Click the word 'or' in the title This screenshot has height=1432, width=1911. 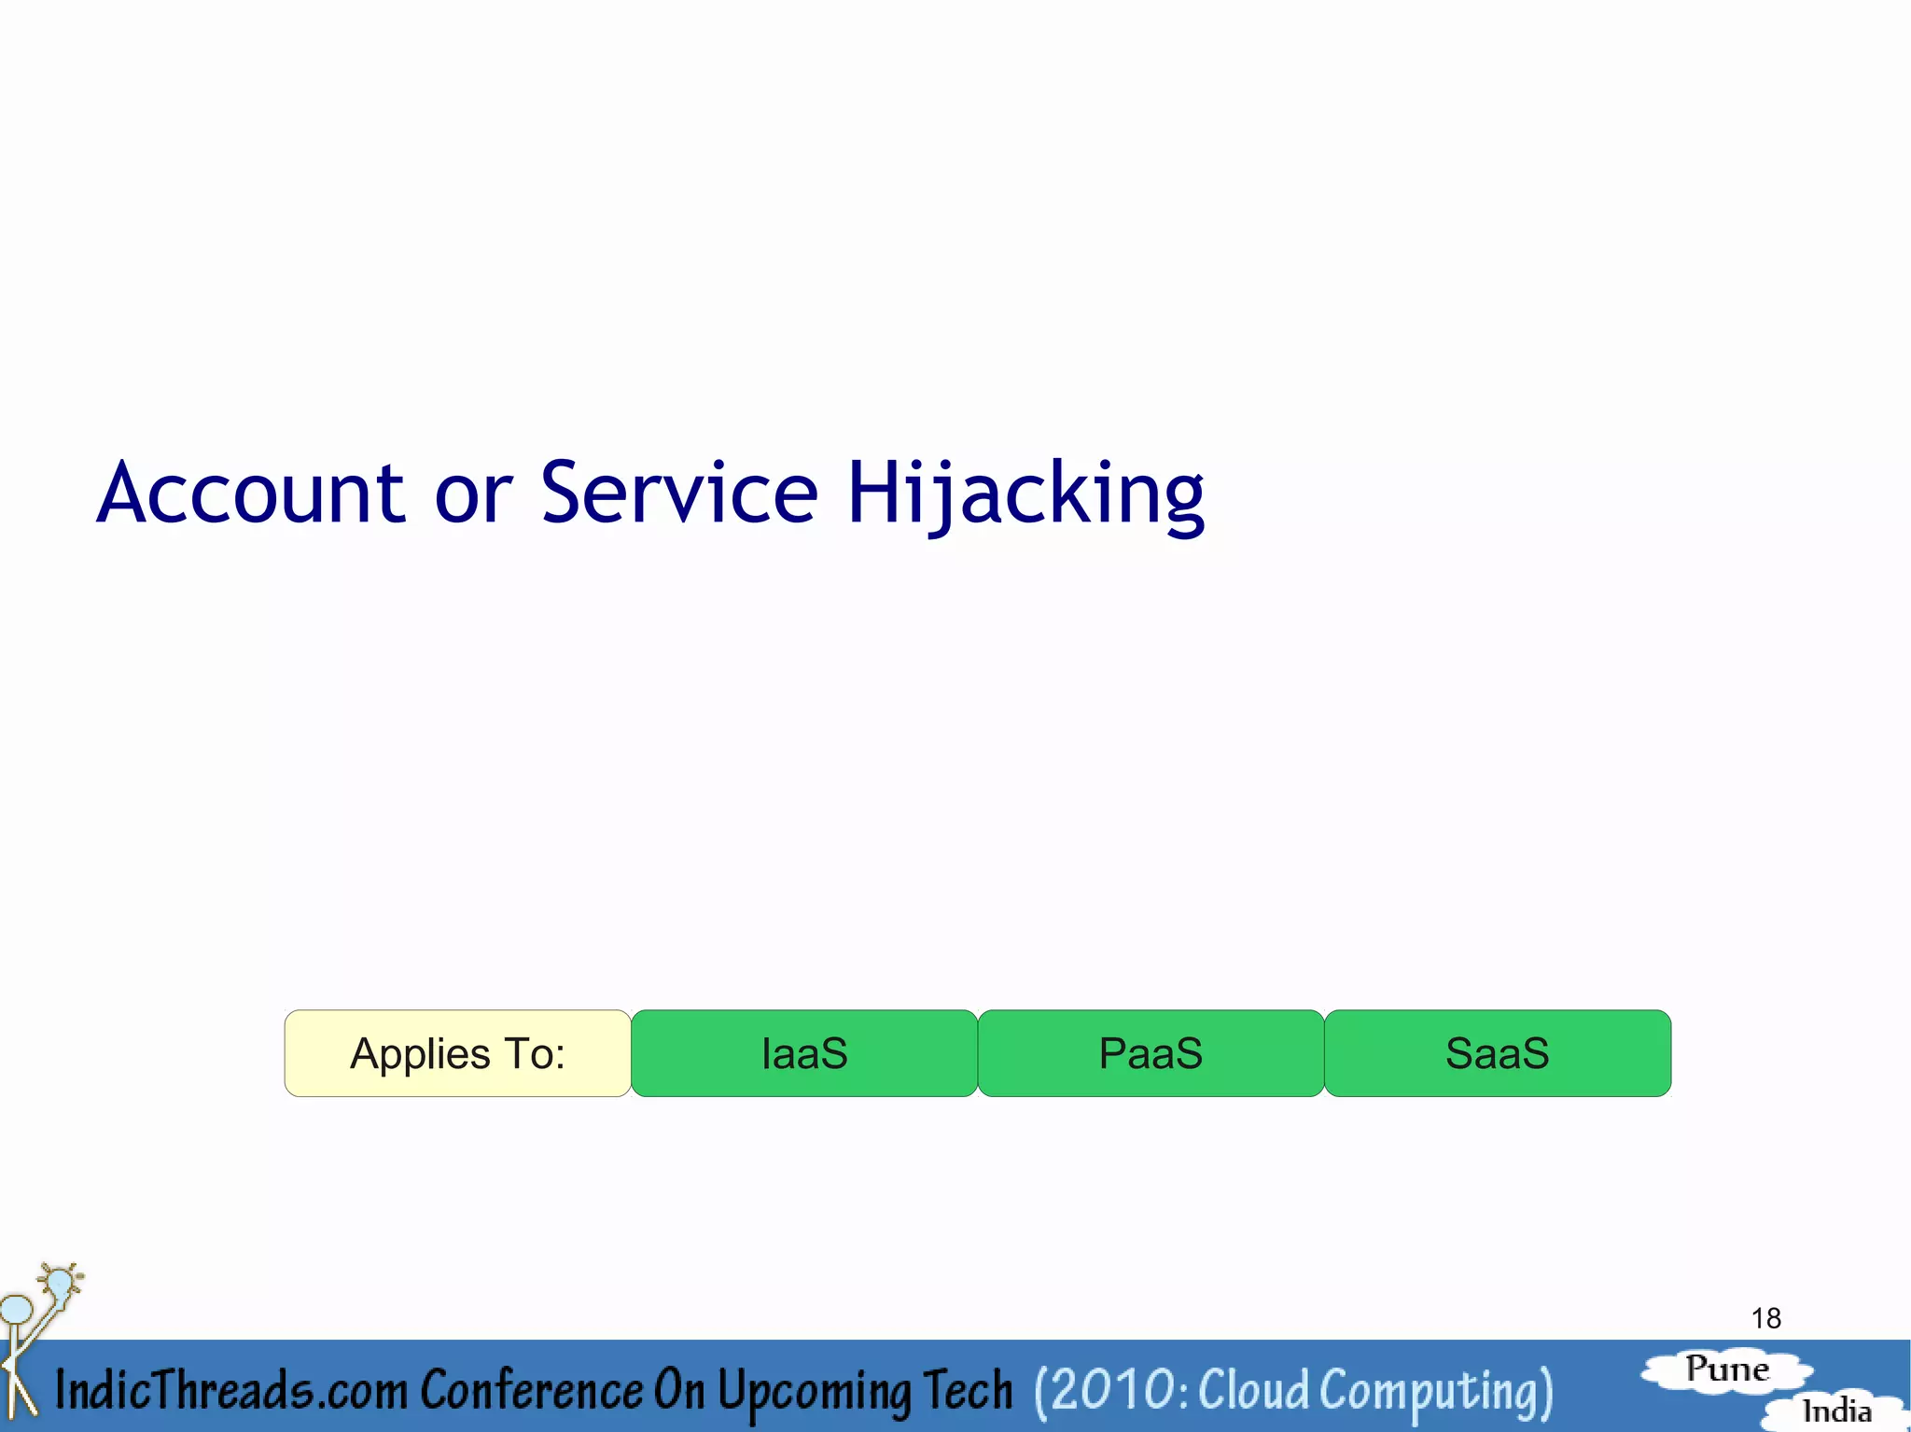[473, 494]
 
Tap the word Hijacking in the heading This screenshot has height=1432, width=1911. [1025, 494]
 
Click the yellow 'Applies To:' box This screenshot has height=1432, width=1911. [457, 1053]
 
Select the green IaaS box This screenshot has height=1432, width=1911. [804, 1053]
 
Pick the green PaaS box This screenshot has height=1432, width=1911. [1151, 1053]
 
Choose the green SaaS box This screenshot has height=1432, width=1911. [1497, 1053]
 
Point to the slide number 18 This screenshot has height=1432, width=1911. [1765, 1318]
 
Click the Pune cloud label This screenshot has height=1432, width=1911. [1727, 1369]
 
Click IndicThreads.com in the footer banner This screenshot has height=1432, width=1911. [230, 1390]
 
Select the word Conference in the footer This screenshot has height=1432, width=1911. [531, 1390]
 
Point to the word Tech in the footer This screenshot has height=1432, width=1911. [968, 1390]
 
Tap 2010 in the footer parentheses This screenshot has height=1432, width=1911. [1113, 1390]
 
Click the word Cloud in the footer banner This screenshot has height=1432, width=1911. [1253, 1390]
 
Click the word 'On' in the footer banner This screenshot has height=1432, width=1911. [678, 1390]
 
